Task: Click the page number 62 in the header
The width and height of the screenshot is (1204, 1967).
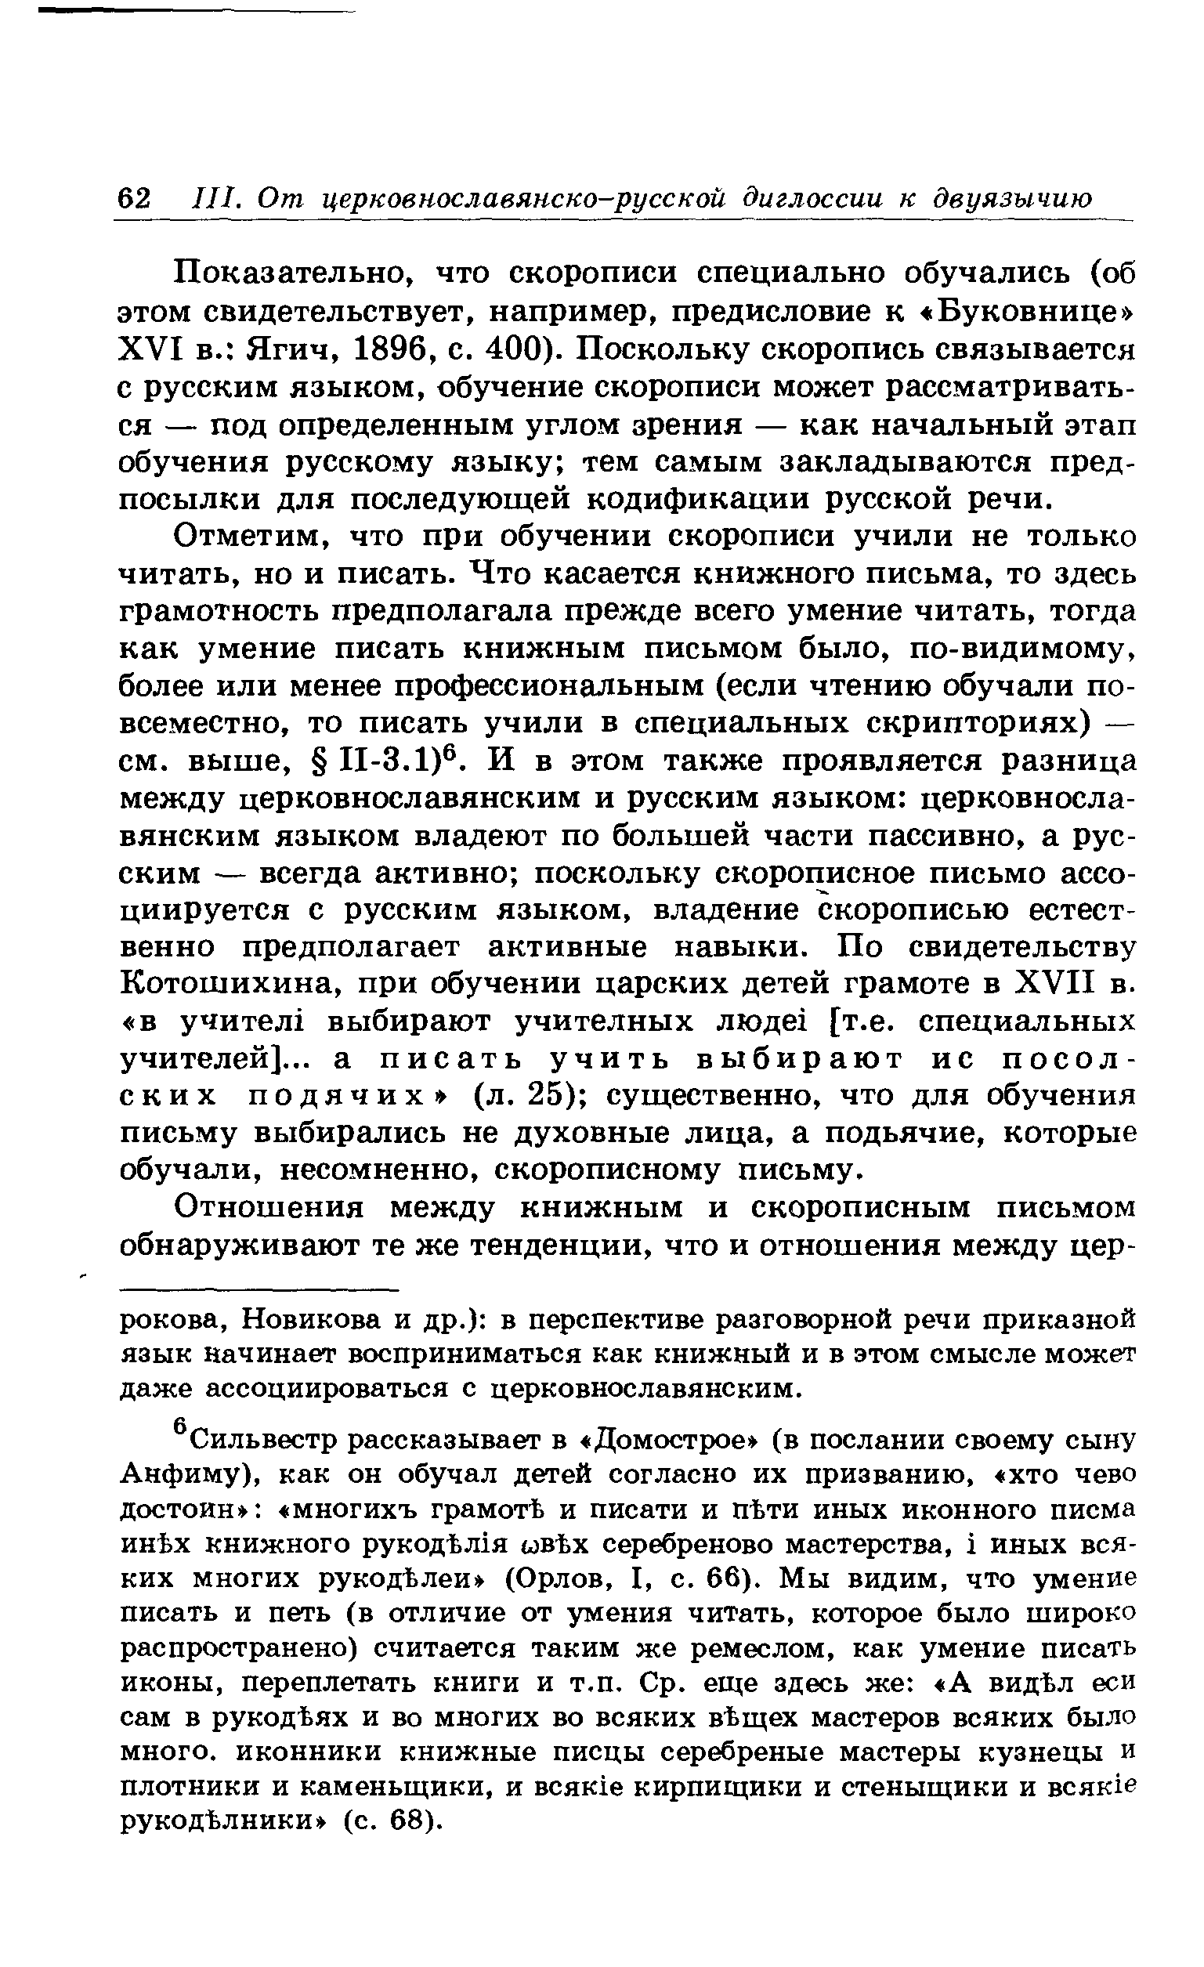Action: pyautogui.click(x=133, y=197)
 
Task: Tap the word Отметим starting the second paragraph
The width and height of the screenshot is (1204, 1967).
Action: pyautogui.click(x=252, y=537)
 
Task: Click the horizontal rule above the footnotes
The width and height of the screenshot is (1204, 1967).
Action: pyautogui.click(x=259, y=1289)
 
